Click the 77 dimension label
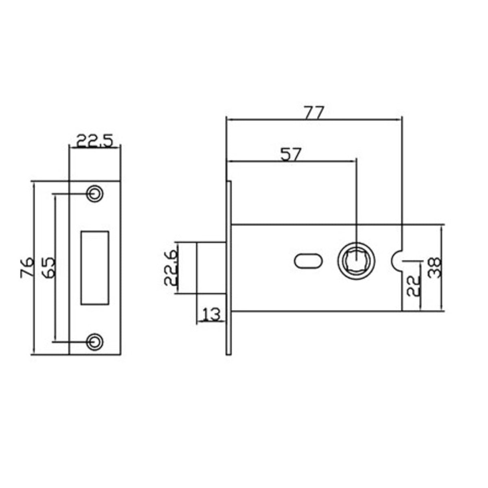(314, 112)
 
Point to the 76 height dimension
(27, 267)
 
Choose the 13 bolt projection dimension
(211, 314)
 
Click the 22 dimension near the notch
(412, 285)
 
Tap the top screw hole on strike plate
(95, 193)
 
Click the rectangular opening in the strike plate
(95, 267)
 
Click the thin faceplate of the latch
(229, 268)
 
